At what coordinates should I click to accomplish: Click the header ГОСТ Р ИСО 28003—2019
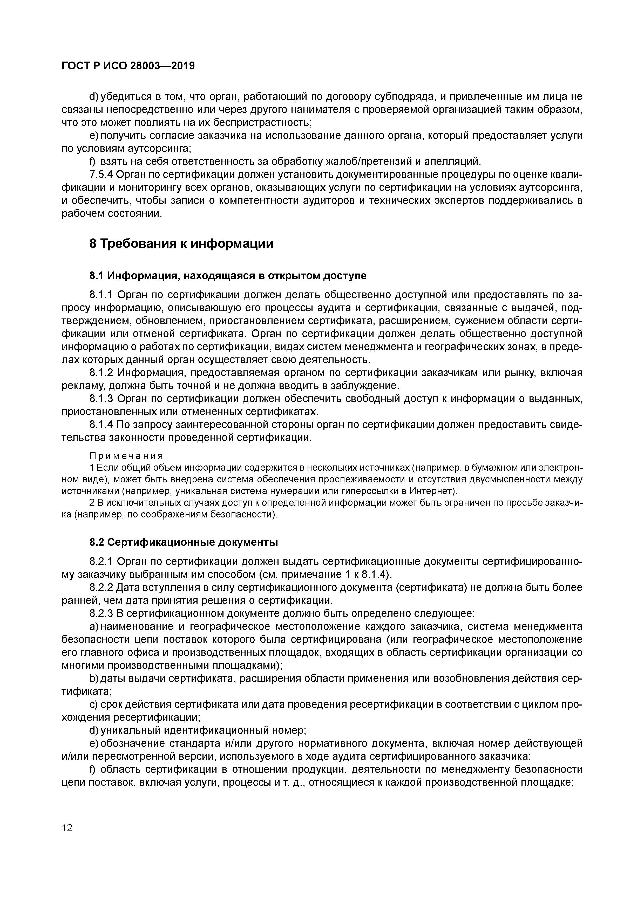[x=128, y=66]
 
